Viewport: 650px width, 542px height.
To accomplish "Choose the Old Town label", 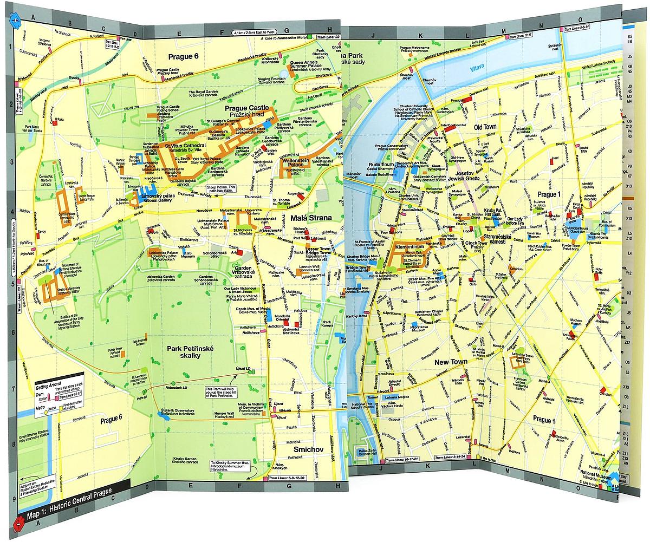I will coord(485,127).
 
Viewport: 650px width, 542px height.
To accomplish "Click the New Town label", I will coord(450,361).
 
